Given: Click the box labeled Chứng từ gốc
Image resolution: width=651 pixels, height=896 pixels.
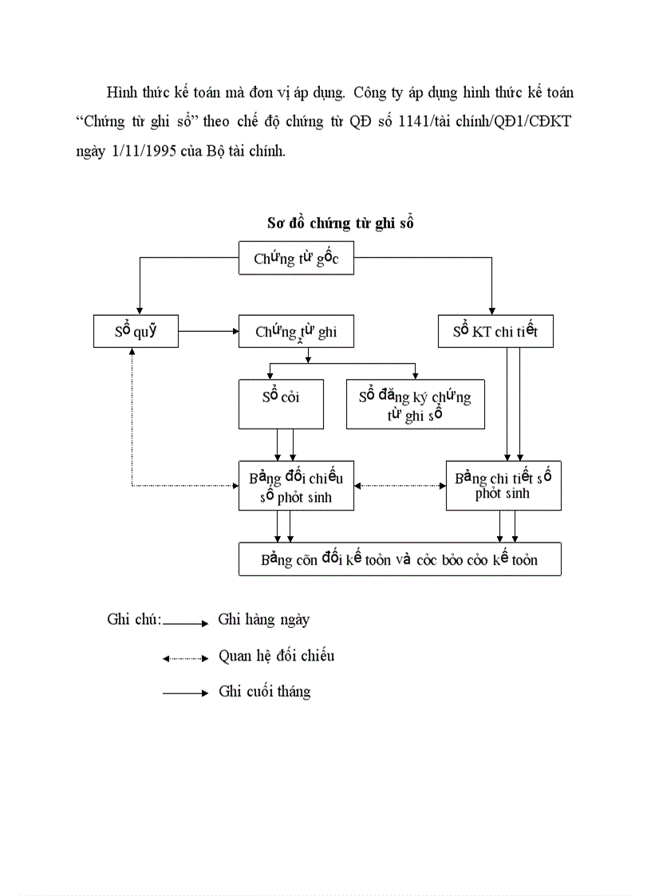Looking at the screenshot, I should tap(296, 259).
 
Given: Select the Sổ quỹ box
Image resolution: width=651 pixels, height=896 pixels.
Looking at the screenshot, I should tap(135, 331).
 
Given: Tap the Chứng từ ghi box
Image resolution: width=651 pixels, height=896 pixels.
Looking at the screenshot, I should tap(296, 331).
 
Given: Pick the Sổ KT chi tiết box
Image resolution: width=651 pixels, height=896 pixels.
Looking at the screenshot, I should tap(495, 331).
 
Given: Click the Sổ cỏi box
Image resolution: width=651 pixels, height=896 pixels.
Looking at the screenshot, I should tap(281, 404).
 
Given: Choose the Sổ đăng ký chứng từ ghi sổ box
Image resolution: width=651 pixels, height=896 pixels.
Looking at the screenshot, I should tap(415, 404).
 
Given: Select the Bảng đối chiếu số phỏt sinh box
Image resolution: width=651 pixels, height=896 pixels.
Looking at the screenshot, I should tap(296, 486).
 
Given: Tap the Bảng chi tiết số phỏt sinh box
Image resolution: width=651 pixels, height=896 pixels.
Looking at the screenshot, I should tap(503, 485).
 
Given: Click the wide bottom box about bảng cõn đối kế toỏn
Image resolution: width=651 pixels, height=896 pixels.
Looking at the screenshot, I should tap(400, 559).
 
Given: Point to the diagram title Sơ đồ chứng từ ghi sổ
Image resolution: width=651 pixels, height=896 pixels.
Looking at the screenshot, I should tap(341, 223).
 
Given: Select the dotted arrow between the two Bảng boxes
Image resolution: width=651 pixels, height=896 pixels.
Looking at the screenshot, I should tap(400, 485).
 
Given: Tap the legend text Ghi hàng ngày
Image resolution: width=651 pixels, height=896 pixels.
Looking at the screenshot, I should tap(264, 619).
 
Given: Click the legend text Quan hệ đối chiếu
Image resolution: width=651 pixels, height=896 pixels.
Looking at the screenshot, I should tap(276, 656).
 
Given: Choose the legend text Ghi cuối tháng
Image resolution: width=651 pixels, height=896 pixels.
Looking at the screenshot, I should tap(265, 692).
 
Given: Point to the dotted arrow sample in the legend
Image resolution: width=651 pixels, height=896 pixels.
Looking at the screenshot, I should tap(185, 658).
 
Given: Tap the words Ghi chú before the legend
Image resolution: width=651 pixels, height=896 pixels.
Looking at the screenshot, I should tap(133, 619).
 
